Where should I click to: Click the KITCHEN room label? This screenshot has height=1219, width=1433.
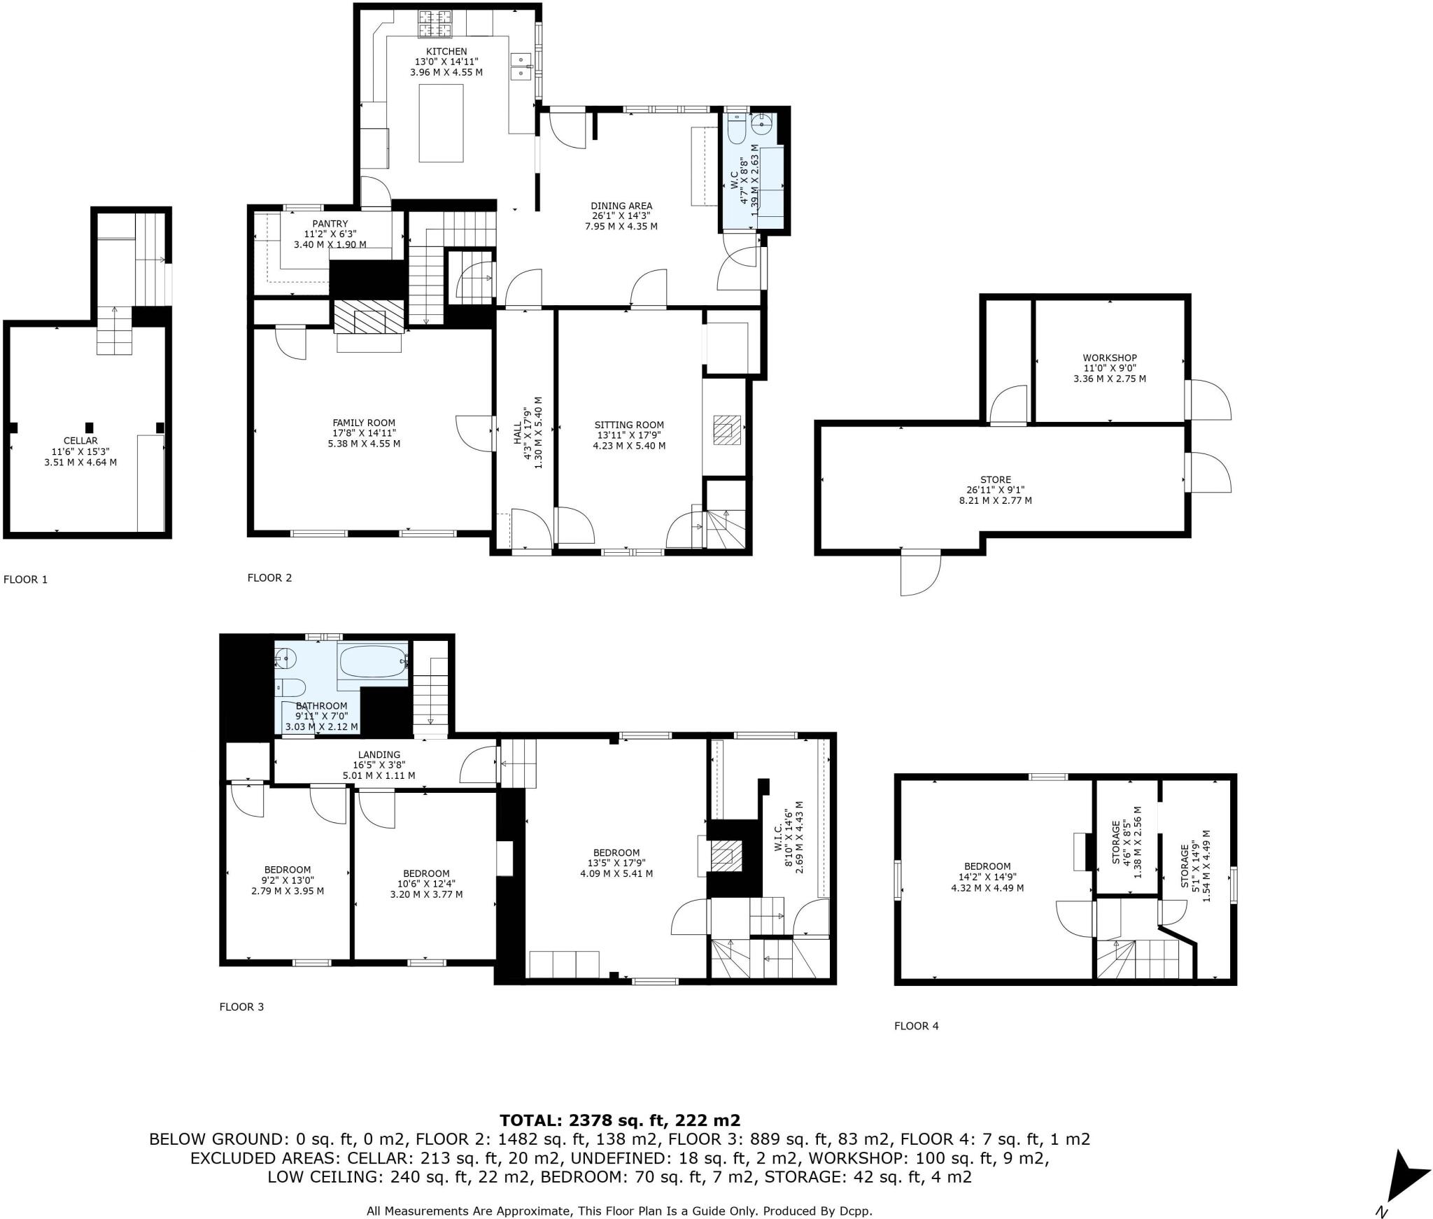(446, 52)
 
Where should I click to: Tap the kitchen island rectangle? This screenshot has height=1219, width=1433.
(441, 122)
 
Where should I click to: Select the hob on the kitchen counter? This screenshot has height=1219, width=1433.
(435, 24)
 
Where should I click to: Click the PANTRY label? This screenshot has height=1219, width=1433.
(330, 224)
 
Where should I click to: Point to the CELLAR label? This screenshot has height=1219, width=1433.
(80, 441)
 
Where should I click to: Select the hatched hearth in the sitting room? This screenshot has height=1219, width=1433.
(727, 430)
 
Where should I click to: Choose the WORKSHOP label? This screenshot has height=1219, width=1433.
(1110, 358)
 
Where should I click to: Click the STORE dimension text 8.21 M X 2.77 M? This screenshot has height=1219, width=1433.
(995, 500)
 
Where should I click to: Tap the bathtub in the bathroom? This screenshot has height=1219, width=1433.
(372, 661)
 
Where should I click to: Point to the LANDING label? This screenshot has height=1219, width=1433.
(379, 754)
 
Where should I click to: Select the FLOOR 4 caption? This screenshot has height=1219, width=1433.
(916, 1026)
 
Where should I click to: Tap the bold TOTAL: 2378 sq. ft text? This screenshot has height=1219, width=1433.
(619, 1120)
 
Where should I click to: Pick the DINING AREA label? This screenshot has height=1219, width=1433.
(621, 206)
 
